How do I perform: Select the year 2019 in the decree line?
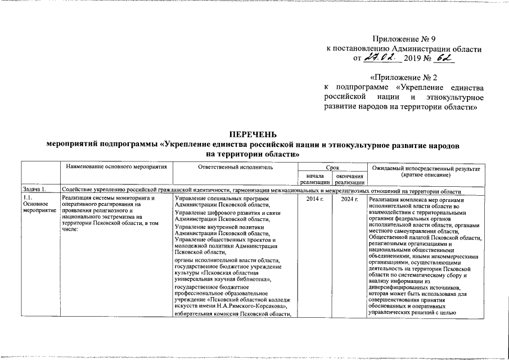coord(416,58)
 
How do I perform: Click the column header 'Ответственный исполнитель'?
coord(235,168)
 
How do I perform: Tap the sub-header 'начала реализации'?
coord(314,179)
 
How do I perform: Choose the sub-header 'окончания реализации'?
coord(349,179)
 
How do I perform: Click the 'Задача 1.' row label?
coord(32,190)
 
